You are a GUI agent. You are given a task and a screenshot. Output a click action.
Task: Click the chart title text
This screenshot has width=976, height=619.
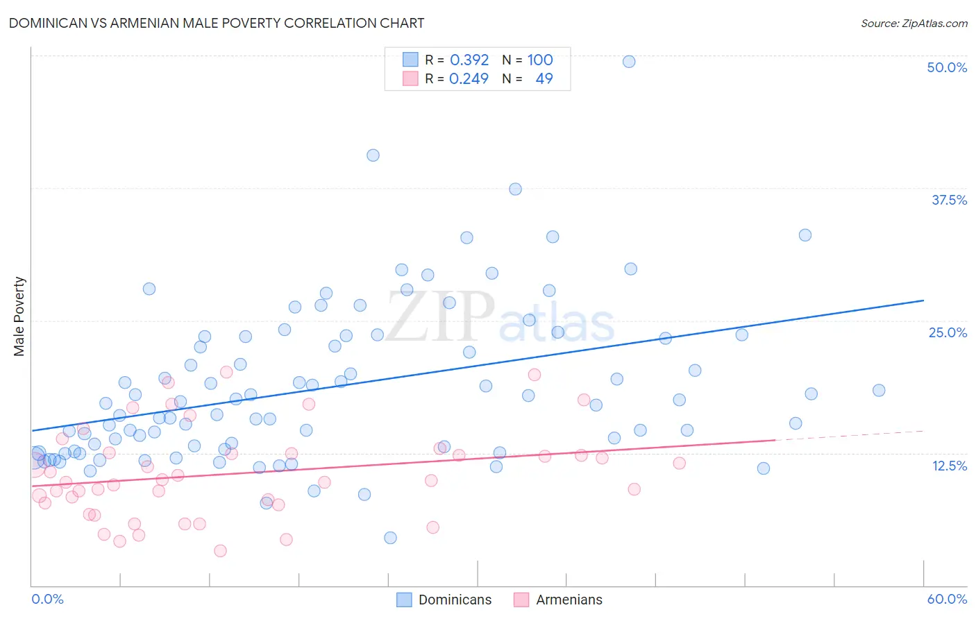coord(217,23)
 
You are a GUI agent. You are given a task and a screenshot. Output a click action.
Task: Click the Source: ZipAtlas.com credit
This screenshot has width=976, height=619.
coord(914,23)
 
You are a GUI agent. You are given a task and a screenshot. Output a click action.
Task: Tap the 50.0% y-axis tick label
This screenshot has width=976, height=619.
coord(947,67)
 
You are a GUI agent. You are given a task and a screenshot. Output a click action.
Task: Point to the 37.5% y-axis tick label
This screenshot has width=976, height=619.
coord(949,200)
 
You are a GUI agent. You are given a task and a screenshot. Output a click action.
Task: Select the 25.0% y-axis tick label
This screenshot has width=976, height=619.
coord(948,332)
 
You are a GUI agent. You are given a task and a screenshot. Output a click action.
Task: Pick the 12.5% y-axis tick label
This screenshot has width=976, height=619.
coord(949,466)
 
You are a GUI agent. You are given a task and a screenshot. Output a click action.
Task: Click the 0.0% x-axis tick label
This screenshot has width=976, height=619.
coord(47,599)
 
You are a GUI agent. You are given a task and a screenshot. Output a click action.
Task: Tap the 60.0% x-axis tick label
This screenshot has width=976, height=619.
coord(947,599)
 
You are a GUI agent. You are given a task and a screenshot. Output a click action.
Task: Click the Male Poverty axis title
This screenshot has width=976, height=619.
coord(19,316)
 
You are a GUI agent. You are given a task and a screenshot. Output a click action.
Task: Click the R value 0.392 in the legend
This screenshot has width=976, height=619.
coord(469,60)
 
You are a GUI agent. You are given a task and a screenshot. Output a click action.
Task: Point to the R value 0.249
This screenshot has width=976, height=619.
coord(469,78)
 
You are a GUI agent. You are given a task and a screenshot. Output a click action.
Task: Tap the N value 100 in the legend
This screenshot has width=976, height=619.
coord(540,60)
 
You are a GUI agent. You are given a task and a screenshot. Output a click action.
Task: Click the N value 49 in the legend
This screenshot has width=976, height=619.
coord(544,78)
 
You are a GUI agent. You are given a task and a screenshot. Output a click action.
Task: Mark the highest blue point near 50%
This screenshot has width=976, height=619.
coord(629,61)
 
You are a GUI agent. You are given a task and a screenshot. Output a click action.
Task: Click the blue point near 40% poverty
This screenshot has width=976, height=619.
coord(373,155)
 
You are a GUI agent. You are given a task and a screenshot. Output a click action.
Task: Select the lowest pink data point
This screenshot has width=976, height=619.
coord(220,551)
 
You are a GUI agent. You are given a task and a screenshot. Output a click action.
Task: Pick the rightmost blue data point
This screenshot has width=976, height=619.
coord(879,390)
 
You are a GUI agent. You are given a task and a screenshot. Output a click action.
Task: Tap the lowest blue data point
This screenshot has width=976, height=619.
coord(390,538)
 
